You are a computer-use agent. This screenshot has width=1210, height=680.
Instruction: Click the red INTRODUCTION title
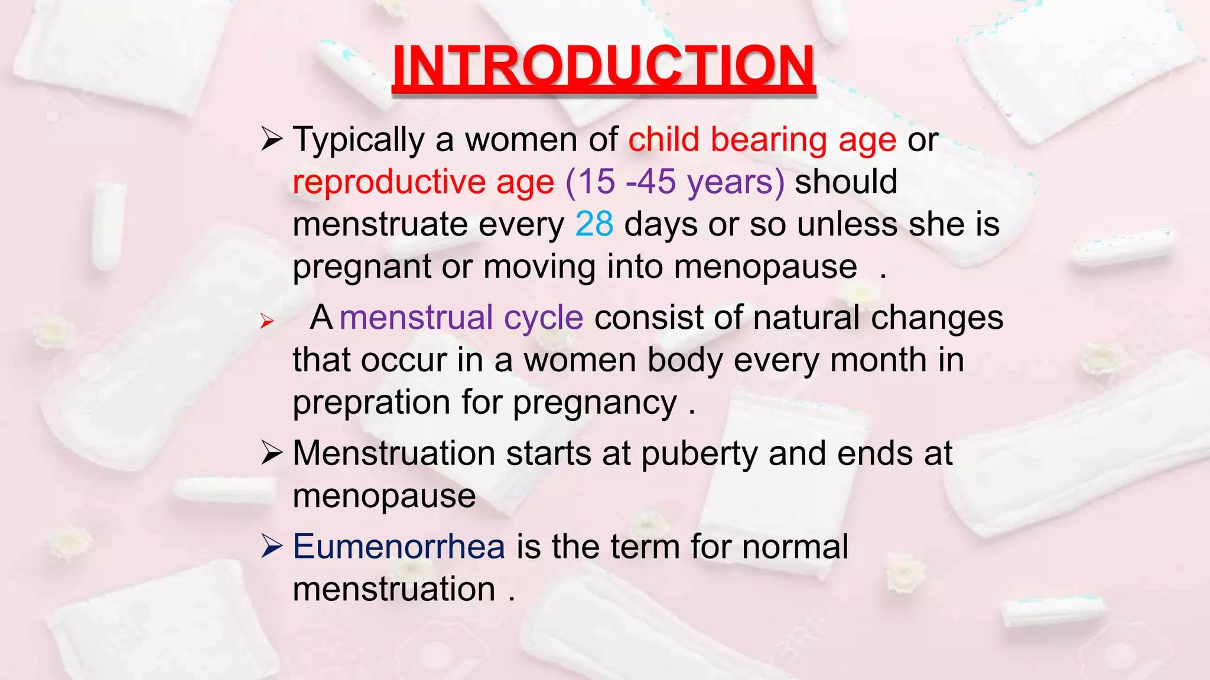click(x=603, y=66)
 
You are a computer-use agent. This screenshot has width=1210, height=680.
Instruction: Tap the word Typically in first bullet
click(x=359, y=140)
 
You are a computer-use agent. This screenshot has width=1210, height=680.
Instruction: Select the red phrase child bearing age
click(x=762, y=140)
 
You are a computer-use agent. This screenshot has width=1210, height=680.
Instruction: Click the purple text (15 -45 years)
click(x=675, y=182)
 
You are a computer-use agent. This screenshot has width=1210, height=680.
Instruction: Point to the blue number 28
click(x=594, y=224)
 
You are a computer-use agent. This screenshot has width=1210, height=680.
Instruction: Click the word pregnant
click(x=362, y=267)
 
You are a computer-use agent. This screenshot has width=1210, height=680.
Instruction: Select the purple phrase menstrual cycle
click(x=461, y=318)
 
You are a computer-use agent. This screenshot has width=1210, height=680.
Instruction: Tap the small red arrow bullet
click(x=267, y=322)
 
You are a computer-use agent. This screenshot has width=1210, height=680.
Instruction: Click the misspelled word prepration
click(x=372, y=403)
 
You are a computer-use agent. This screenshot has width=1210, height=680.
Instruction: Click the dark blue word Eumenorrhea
click(x=399, y=547)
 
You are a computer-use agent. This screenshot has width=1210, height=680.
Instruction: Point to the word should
click(x=846, y=182)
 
